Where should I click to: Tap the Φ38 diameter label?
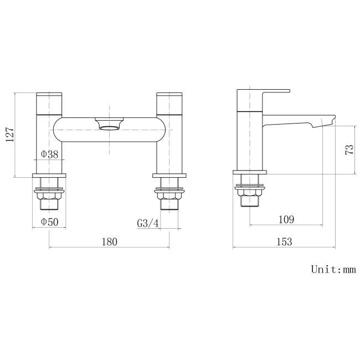[49, 155]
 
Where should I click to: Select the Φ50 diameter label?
[49, 223]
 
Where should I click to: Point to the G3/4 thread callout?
[148, 223]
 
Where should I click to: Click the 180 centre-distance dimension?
[109, 241]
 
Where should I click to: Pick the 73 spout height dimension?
[349, 150]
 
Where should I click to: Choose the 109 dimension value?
[286, 219]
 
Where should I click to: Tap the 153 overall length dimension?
[284, 241]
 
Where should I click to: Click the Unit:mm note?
[333, 270]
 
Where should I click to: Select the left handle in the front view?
[50, 102]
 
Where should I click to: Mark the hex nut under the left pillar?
[50, 194]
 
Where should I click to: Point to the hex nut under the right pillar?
[169, 194]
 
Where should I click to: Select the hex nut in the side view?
[250, 193]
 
